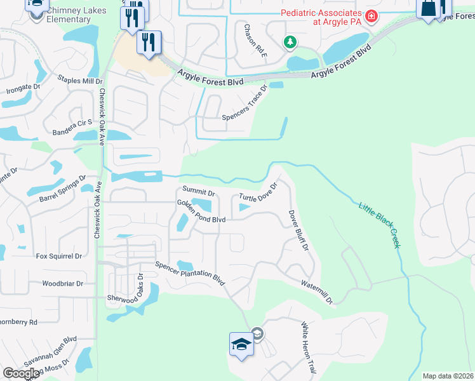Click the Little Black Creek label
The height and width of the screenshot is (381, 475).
[x=380, y=225]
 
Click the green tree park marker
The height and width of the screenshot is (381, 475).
[x=290, y=42]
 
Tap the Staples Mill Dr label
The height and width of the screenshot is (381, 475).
[x=80, y=81]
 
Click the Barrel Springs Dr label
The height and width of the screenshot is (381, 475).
[x=62, y=190]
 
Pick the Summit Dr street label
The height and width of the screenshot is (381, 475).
[x=199, y=190]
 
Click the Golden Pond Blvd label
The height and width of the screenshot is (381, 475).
[x=201, y=211]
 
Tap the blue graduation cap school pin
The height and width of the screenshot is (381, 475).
[x=241, y=344]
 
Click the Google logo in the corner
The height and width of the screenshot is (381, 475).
[x=22, y=373]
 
